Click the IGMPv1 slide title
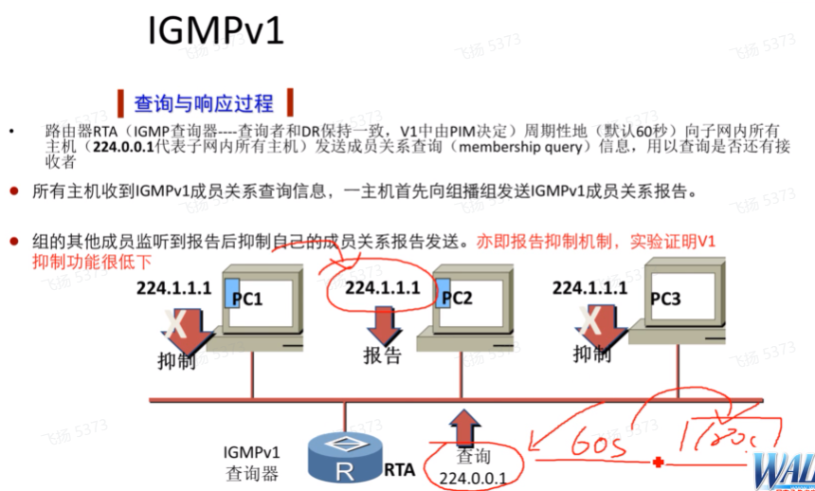tap(216, 31)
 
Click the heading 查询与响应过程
tap(203, 102)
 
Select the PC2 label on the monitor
tap(457, 298)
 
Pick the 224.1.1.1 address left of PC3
tap(589, 287)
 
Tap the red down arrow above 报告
tap(383, 325)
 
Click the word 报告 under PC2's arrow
tap(383, 355)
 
